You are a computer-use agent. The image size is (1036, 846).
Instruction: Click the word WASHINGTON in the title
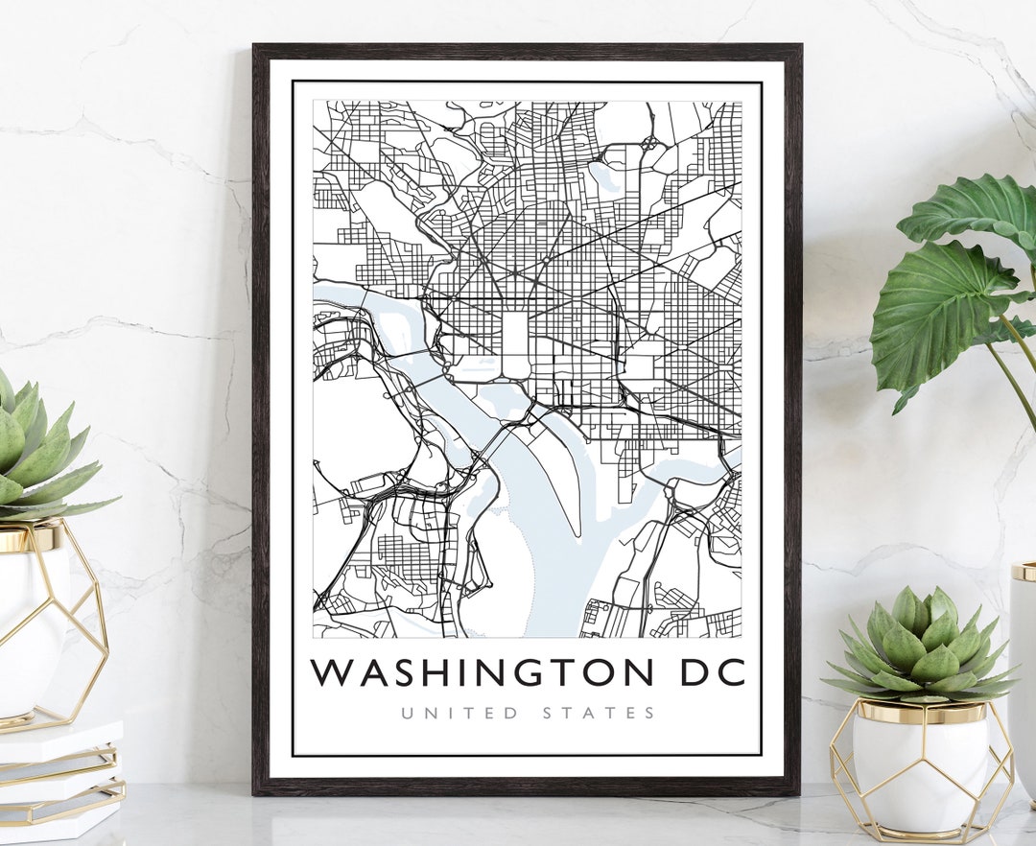[482, 672]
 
